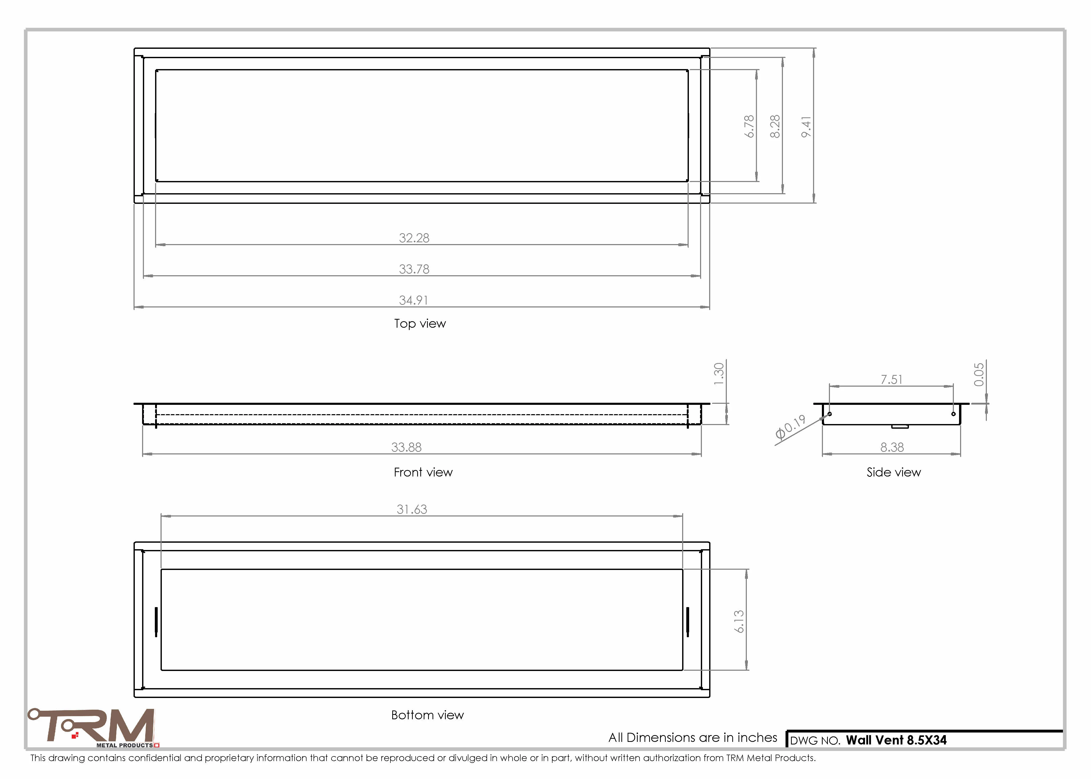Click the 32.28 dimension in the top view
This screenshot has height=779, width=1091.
(x=414, y=238)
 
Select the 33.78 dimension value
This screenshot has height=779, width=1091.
(x=414, y=269)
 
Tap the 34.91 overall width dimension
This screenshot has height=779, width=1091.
(x=414, y=300)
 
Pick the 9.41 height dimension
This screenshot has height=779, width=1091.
(x=806, y=127)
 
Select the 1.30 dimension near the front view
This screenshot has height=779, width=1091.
(x=718, y=374)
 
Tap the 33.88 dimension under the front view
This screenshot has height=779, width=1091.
(x=406, y=447)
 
